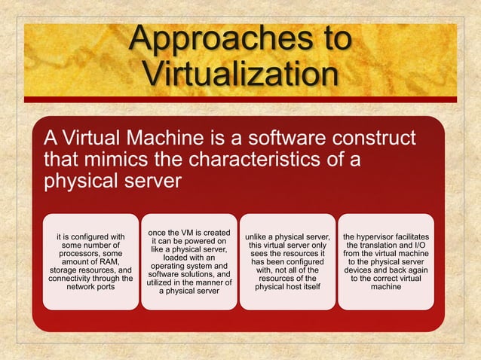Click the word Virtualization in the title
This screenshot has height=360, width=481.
coord(240,75)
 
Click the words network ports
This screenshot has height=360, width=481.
coord(90,287)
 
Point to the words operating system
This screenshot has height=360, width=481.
coord(189,266)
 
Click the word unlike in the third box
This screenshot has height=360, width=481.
coord(260,237)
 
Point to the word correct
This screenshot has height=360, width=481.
coord(402,279)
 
